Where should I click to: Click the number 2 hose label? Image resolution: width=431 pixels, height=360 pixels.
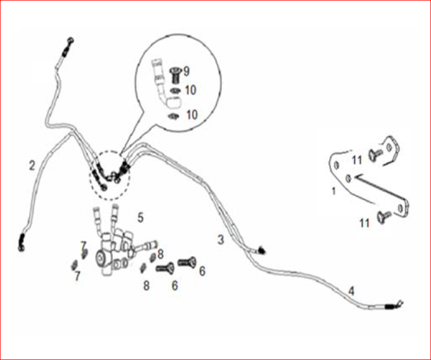[x=32, y=165]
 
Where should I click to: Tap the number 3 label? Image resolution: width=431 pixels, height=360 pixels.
[x=221, y=240]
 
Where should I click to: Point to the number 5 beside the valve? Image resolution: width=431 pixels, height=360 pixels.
[x=140, y=217]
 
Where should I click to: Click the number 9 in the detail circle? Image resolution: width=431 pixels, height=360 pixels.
[x=186, y=72]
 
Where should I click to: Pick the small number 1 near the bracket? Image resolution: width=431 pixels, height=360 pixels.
[x=334, y=191]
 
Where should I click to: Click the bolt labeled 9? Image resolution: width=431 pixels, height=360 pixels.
[x=175, y=75]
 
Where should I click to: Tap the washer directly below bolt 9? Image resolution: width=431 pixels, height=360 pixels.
[x=175, y=91]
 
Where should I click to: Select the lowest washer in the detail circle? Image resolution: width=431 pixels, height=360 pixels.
[x=174, y=116]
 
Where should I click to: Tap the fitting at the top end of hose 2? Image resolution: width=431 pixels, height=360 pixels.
[x=68, y=46]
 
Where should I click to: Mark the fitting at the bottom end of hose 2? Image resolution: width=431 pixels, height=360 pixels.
[x=21, y=243]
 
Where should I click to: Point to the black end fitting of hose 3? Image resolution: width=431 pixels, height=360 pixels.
[x=261, y=250]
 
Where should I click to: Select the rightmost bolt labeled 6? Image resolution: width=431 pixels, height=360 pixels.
[x=187, y=262]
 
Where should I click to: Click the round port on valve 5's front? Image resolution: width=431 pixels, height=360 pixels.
[x=100, y=258]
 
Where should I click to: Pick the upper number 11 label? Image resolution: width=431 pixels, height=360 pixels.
[x=357, y=160]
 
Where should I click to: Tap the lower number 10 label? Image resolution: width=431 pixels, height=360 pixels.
[x=192, y=115]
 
